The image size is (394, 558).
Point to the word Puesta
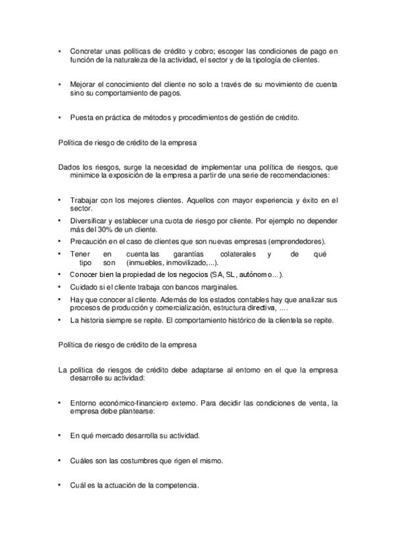point(81,118)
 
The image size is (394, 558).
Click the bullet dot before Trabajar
point(60,199)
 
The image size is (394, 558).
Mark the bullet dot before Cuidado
point(60,288)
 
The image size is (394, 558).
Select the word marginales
point(217,288)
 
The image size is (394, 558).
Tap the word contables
point(245,299)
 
